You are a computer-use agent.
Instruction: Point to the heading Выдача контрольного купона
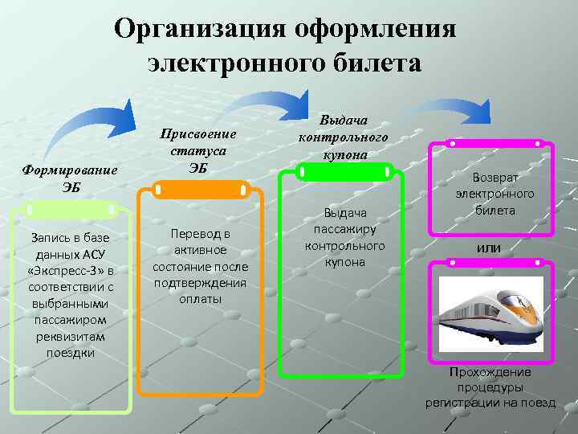click(343, 137)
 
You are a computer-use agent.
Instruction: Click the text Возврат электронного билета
click(495, 193)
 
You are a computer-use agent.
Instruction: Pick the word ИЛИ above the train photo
click(488, 249)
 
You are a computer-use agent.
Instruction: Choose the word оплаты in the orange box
click(200, 298)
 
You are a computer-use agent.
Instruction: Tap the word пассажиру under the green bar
click(344, 228)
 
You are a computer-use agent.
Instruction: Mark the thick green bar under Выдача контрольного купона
click(344, 171)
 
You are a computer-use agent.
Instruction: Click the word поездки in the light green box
click(71, 352)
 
